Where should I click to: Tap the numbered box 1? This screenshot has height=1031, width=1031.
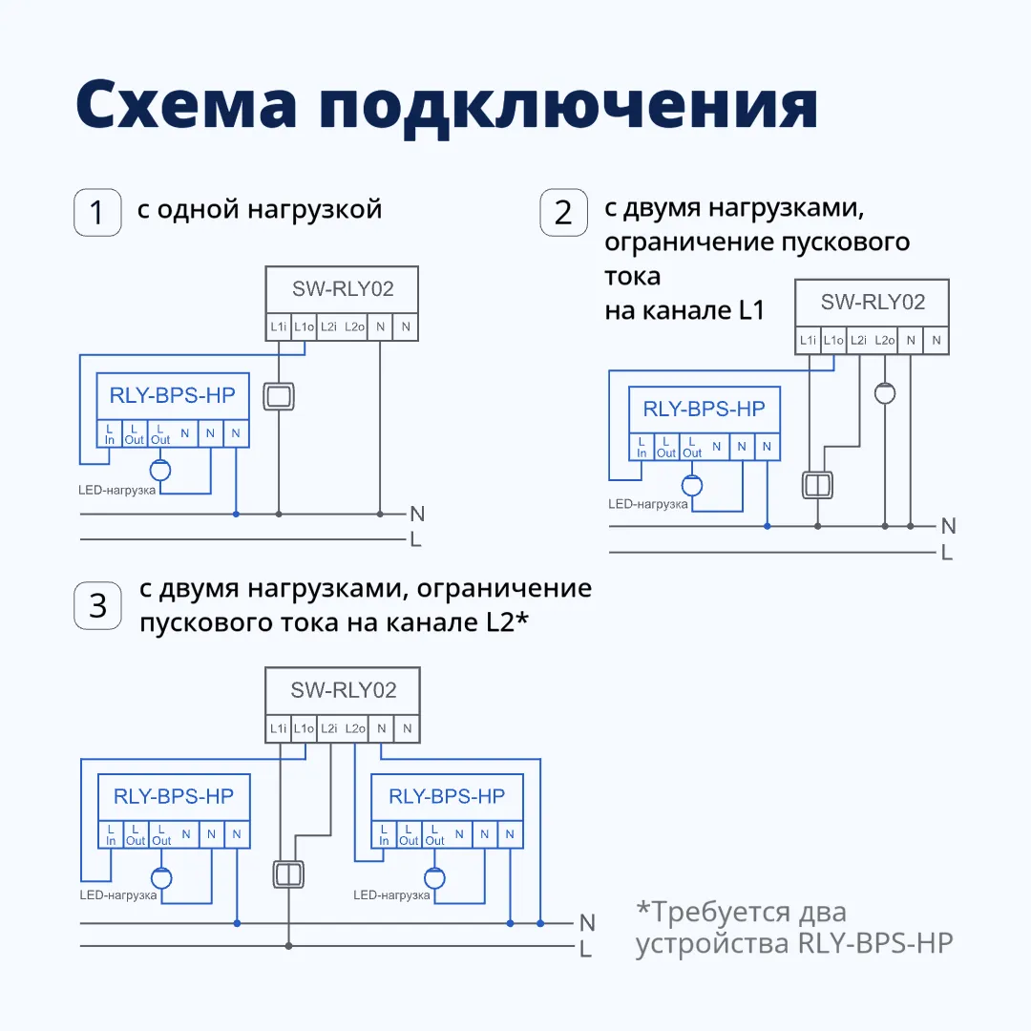97,212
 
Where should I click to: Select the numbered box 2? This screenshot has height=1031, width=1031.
563,212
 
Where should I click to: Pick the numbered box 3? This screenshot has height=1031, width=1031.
97,605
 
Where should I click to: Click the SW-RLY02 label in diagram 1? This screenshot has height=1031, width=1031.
343,288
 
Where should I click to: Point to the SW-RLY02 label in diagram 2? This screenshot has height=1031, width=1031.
873,303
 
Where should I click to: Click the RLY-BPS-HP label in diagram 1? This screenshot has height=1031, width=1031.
172,394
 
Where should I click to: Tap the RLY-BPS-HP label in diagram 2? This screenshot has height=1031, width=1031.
704,409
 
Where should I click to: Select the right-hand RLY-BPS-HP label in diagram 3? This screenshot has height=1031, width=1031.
447,796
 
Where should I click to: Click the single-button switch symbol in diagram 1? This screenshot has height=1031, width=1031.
278,397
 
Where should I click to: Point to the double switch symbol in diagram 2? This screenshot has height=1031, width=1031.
817,484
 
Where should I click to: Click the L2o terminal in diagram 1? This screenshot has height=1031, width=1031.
354,327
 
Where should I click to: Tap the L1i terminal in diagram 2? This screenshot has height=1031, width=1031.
808,341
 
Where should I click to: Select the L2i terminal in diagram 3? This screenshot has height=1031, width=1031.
329,729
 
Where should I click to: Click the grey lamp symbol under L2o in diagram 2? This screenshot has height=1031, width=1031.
885,393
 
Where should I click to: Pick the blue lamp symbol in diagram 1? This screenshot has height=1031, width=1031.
159,470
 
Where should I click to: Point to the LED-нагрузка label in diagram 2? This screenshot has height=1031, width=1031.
649,503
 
